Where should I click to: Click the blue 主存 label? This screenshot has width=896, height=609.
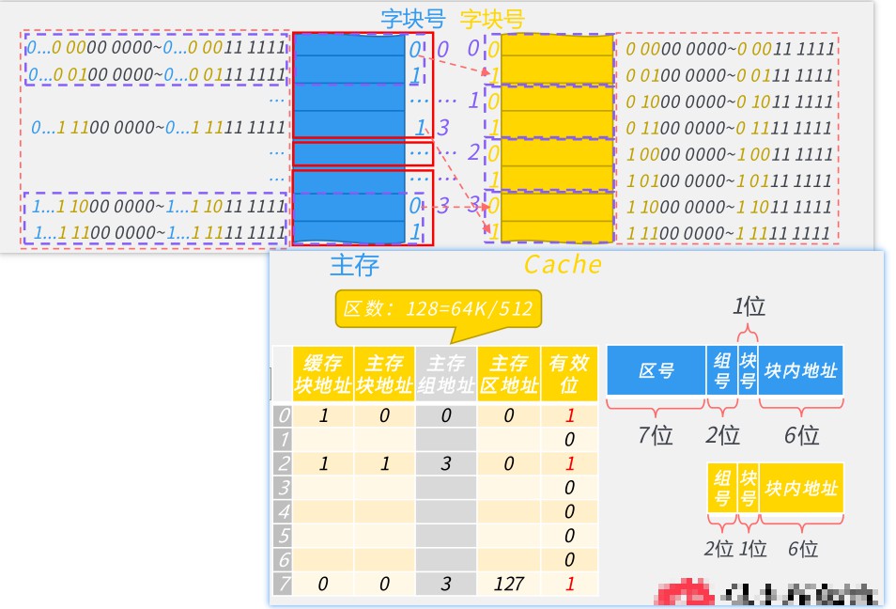354,266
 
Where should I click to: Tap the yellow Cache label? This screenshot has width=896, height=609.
563,265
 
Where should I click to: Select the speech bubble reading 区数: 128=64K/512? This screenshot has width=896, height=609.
439,309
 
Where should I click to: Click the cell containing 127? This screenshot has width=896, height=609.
508,584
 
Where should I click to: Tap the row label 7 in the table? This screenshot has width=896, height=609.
283,584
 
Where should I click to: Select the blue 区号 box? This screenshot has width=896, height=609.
656,370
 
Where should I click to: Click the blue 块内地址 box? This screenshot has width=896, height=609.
800,370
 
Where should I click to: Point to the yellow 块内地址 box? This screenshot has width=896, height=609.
800,488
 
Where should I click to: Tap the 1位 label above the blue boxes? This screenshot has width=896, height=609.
749,306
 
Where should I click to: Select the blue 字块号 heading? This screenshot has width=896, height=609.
410,19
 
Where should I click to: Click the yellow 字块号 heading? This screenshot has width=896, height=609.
492,19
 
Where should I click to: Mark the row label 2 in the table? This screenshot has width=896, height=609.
283,463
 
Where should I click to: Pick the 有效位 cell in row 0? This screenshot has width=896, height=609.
569,414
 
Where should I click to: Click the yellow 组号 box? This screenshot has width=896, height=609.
722,488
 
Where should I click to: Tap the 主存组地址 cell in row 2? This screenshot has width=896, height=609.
446,463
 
